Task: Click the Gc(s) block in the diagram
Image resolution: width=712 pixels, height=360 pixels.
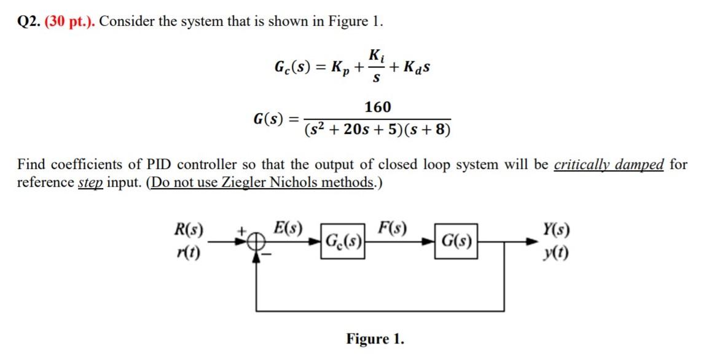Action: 343,240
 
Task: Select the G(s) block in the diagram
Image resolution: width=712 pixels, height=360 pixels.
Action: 456,240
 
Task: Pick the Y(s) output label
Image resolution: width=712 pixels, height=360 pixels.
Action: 556,232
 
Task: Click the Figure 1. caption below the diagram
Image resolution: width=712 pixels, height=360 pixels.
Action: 375,338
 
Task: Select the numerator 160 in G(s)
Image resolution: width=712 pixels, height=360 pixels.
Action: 377,108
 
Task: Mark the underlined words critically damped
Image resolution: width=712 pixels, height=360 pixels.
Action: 608,165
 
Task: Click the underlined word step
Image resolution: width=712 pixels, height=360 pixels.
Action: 90,182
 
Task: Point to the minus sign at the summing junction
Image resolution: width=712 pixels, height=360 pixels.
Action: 267,252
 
